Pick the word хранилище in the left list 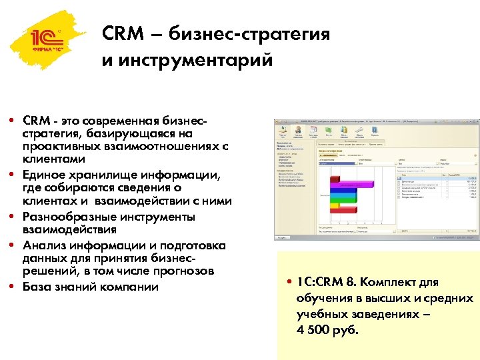click(x=106, y=175)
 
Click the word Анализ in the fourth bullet click(x=41, y=245)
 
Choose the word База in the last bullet click(x=36, y=287)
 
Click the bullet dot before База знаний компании click(x=13, y=287)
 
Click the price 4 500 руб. click(x=327, y=330)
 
